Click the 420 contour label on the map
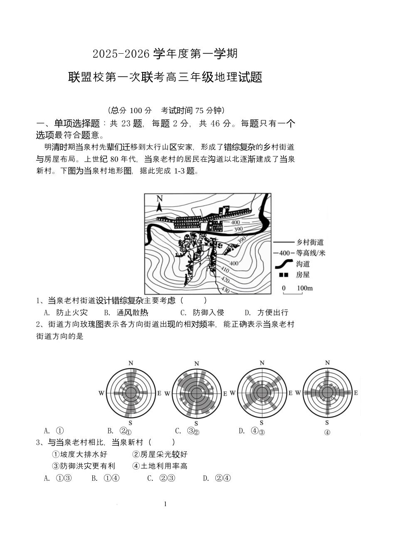(x=225, y=279)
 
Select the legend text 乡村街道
(x=310, y=242)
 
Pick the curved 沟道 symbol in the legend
(x=283, y=264)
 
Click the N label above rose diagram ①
(x=131, y=363)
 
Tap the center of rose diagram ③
(x=262, y=393)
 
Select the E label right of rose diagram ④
(x=356, y=393)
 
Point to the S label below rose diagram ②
(x=197, y=424)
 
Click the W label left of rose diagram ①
(x=101, y=393)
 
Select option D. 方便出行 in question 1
(x=267, y=312)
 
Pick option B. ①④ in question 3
(x=106, y=478)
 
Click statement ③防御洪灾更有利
(x=84, y=466)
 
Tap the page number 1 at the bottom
(x=165, y=504)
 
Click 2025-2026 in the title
(x=121, y=54)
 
